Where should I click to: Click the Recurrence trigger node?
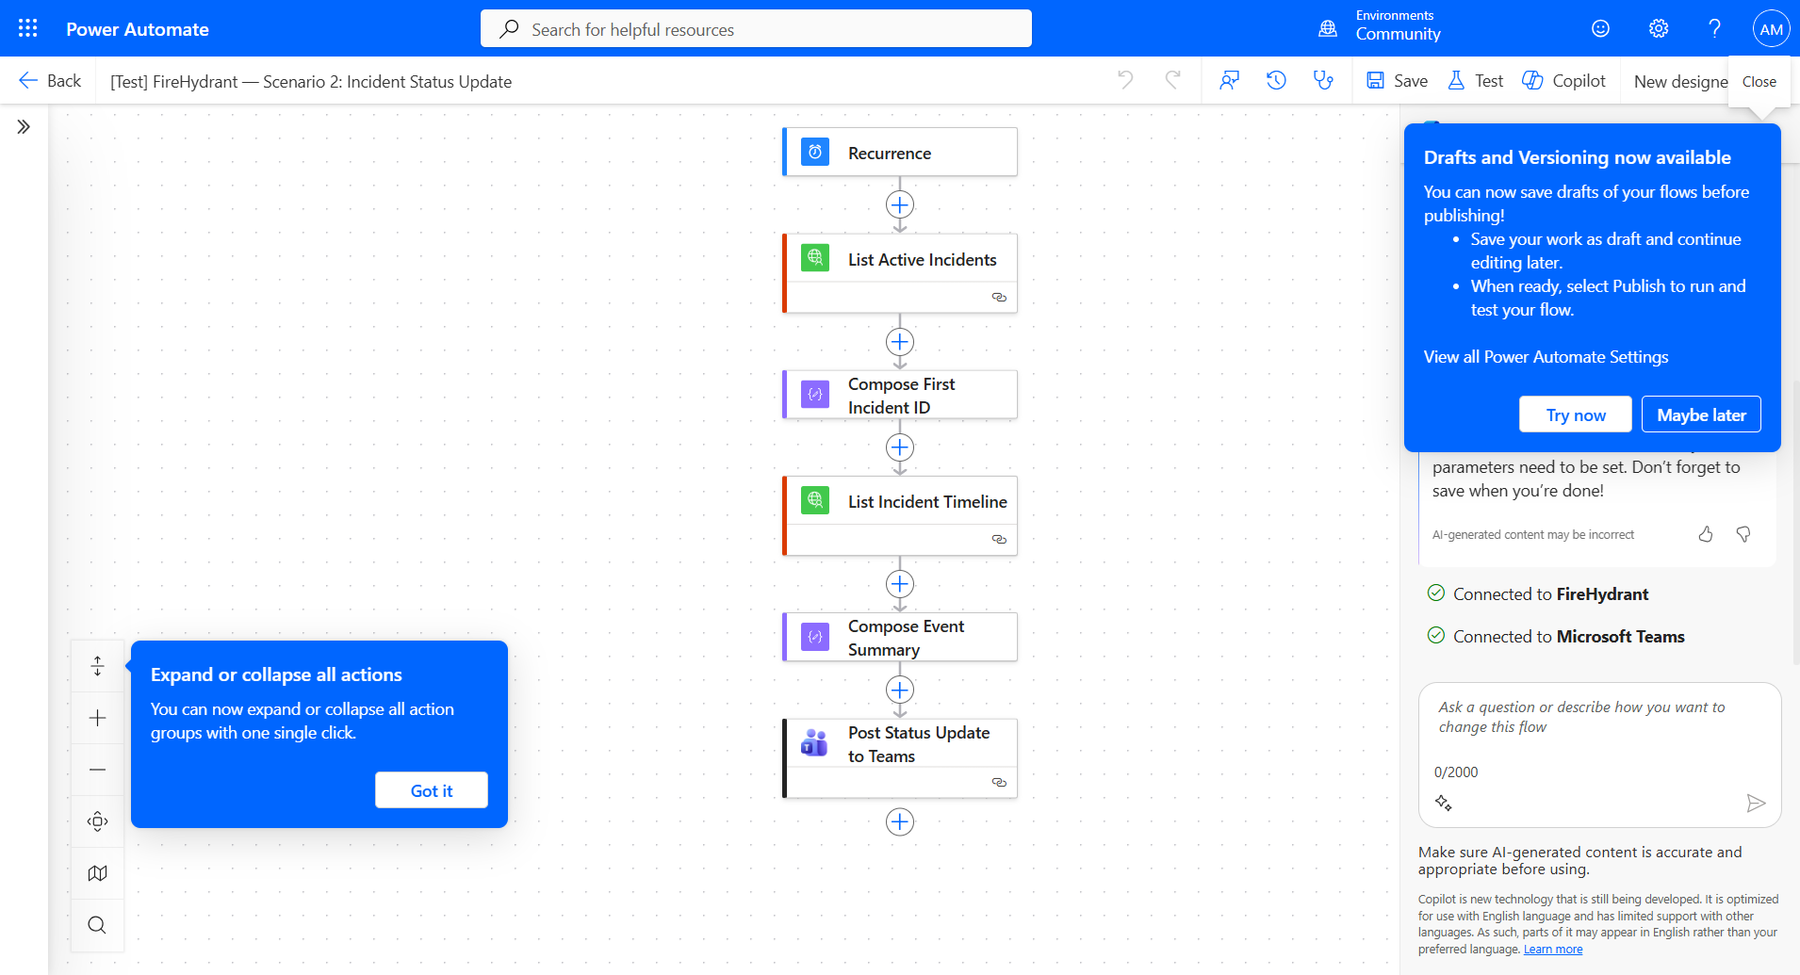(x=899, y=153)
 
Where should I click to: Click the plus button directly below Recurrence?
(x=900, y=204)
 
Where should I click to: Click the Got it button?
(x=432, y=790)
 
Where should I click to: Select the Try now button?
(x=1575, y=415)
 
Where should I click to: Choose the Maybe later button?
(x=1701, y=415)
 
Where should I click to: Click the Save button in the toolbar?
(x=1398, y=81)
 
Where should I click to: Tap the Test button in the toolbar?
(x=1476, y=81)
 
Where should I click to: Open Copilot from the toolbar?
(x=1564, y=81)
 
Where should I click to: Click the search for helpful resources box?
(x=756, y=29)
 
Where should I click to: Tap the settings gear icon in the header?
(x=1659, y=29)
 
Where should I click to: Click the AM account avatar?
(x=1771, y=29)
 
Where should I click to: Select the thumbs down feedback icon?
(x=1743, y=534)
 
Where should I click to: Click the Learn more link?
(x=1553, y=950)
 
